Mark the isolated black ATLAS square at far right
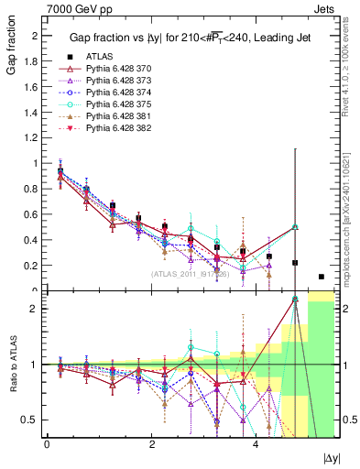[x=321, y=277]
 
